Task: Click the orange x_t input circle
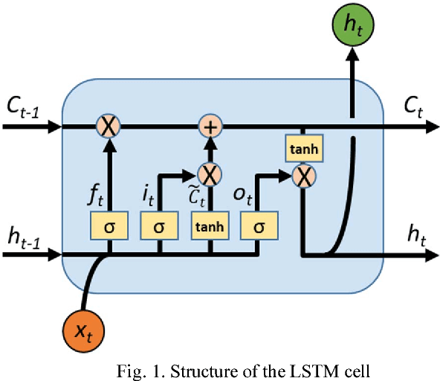point(83,328)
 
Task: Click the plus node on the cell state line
point(210,127)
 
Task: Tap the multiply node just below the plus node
point(210,175)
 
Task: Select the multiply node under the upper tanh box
point(302,177)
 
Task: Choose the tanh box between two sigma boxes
point(210,225)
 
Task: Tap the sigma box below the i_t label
point(158,225)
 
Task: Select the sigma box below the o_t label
point(259,225)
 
